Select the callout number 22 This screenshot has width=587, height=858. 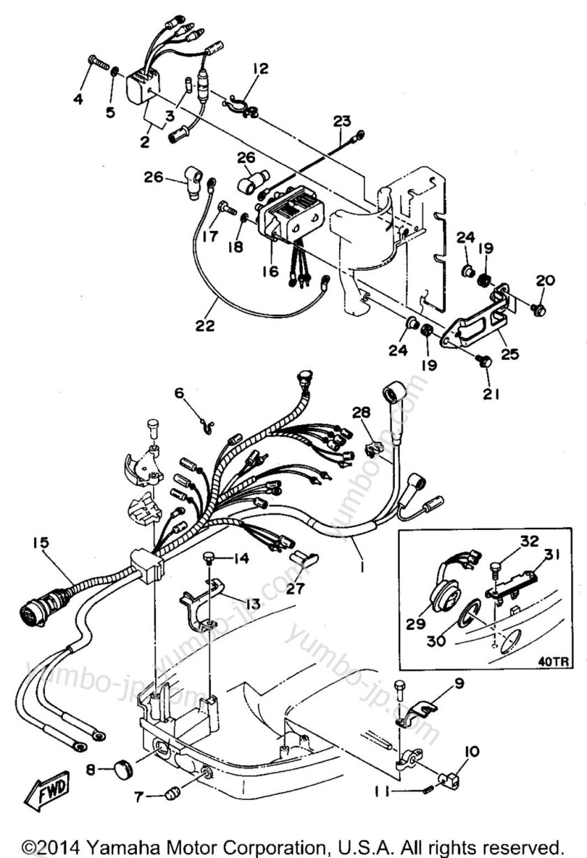(205, 326)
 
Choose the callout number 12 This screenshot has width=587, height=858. (260, 69)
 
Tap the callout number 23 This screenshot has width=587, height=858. (342, 122)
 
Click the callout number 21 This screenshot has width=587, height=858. (491, 394)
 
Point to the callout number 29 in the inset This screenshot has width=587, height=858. (416, 623)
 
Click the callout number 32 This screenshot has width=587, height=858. (530, 541)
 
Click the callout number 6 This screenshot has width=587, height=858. (180, 393)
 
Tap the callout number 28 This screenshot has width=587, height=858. (361, 413)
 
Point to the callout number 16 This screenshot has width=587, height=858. (270, 271)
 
